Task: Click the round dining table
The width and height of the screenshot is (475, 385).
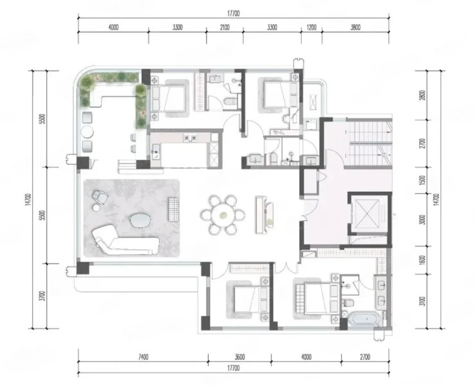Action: tap(223, 215)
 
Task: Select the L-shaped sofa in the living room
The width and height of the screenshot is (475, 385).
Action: tap(125, 241)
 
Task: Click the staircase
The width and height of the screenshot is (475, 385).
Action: tap(369, 142)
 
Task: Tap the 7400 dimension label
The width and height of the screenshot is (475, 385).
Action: tap(143, 357)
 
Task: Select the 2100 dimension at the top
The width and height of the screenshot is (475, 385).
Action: tap(225, 27)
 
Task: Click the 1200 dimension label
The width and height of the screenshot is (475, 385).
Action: tap(311, 27)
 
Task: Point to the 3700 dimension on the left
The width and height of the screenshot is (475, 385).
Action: tap(42, 296)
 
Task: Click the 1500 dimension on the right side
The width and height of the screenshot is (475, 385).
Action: tap(423, 180)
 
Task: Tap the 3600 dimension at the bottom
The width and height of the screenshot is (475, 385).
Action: tap(239, 357)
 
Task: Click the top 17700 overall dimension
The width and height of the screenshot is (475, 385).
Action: tap(233, 13)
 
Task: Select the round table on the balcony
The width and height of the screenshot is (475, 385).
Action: tap(87, 132)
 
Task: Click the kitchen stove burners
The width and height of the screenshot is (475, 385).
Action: tap(190, 138)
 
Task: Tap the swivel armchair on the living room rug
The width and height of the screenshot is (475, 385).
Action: tap(100, 196)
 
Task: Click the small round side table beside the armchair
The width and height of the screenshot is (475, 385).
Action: tap(97, 207)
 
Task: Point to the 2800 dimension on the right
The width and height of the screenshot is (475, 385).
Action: tap(423, 95)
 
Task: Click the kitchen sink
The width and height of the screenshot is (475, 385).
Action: tap(156, 152)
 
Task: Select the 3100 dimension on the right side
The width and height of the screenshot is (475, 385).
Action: tap(423, 301)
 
